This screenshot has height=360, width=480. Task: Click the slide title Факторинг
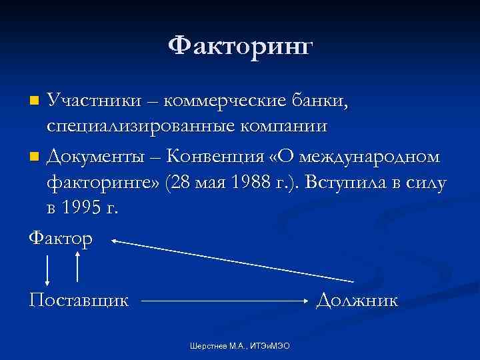[x=240, y=47]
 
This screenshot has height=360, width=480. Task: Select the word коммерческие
[x=225, y=101]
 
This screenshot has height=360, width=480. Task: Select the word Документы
[x=93, y=157]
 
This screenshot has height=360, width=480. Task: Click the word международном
[x=369, y=157]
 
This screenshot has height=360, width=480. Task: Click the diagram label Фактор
[x=61, y=237]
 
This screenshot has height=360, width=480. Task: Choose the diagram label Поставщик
[x=79, y=301]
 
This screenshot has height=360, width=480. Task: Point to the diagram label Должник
[x=357, y=301]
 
